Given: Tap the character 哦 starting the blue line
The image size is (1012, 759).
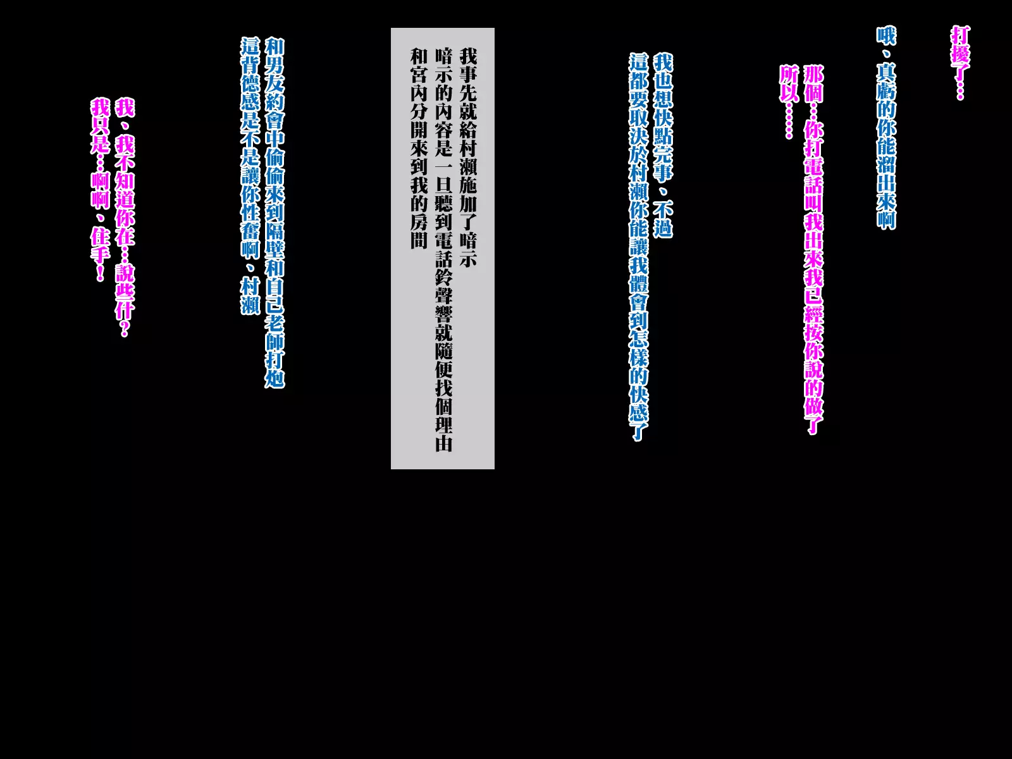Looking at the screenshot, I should pos(886,35).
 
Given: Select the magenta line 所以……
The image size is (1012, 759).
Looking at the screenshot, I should pos(788,101).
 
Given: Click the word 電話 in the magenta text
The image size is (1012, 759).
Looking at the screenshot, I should pos(813,176).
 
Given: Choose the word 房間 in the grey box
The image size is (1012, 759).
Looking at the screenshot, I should pos(419,231).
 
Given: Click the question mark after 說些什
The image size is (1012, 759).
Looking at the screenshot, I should pos(125,329).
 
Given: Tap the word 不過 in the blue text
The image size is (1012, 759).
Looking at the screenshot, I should pos(663,219).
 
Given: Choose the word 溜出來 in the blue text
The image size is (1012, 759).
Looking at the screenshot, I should pos(886,175).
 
